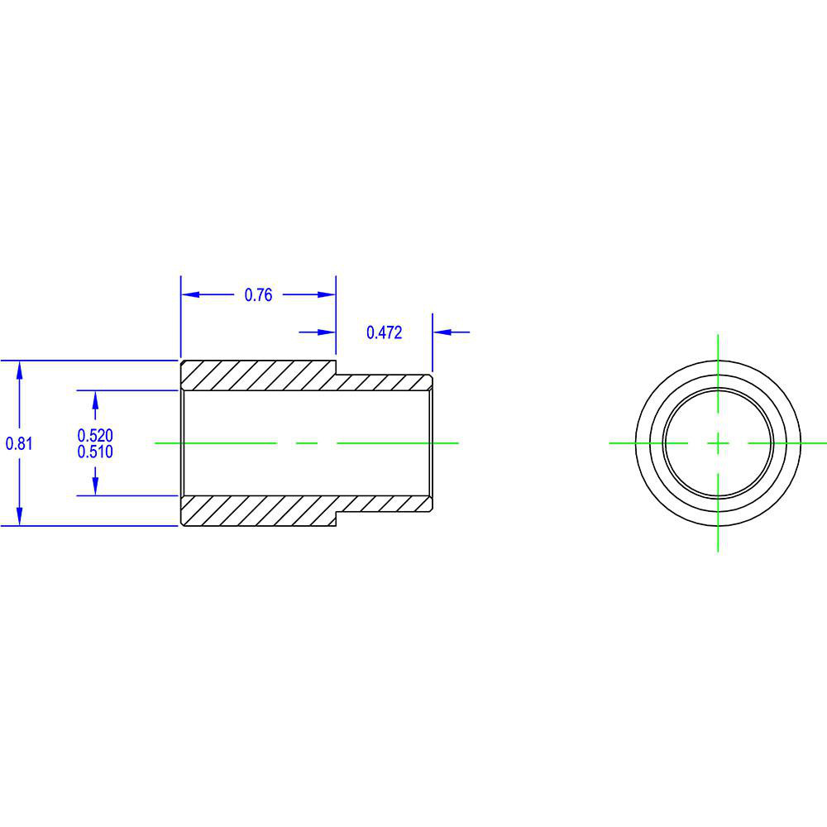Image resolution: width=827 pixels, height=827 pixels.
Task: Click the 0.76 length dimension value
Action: [258, 295]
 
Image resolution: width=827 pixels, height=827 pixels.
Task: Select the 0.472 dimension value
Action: [384, 332]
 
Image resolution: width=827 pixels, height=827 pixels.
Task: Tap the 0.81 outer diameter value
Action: [19, 443]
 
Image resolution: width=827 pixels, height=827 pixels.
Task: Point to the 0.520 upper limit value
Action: [95, 435]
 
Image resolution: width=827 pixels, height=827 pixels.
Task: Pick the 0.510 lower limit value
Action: [95, 452]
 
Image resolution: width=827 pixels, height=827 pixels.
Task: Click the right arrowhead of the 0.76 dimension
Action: [327, 294]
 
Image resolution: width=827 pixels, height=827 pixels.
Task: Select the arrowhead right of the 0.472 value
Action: [442, 332]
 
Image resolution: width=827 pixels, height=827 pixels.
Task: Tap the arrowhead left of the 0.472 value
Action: [327, 332]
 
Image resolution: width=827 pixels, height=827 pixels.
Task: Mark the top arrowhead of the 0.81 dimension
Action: [19, 370]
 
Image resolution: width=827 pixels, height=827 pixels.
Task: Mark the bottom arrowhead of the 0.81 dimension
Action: [19, 517]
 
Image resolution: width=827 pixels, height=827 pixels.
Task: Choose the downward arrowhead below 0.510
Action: [95, 487]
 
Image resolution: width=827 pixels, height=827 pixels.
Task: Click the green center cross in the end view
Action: [718, 443]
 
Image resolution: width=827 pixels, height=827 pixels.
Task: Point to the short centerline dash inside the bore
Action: [307, 443]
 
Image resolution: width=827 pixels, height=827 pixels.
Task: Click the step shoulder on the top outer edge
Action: [336, 368]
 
